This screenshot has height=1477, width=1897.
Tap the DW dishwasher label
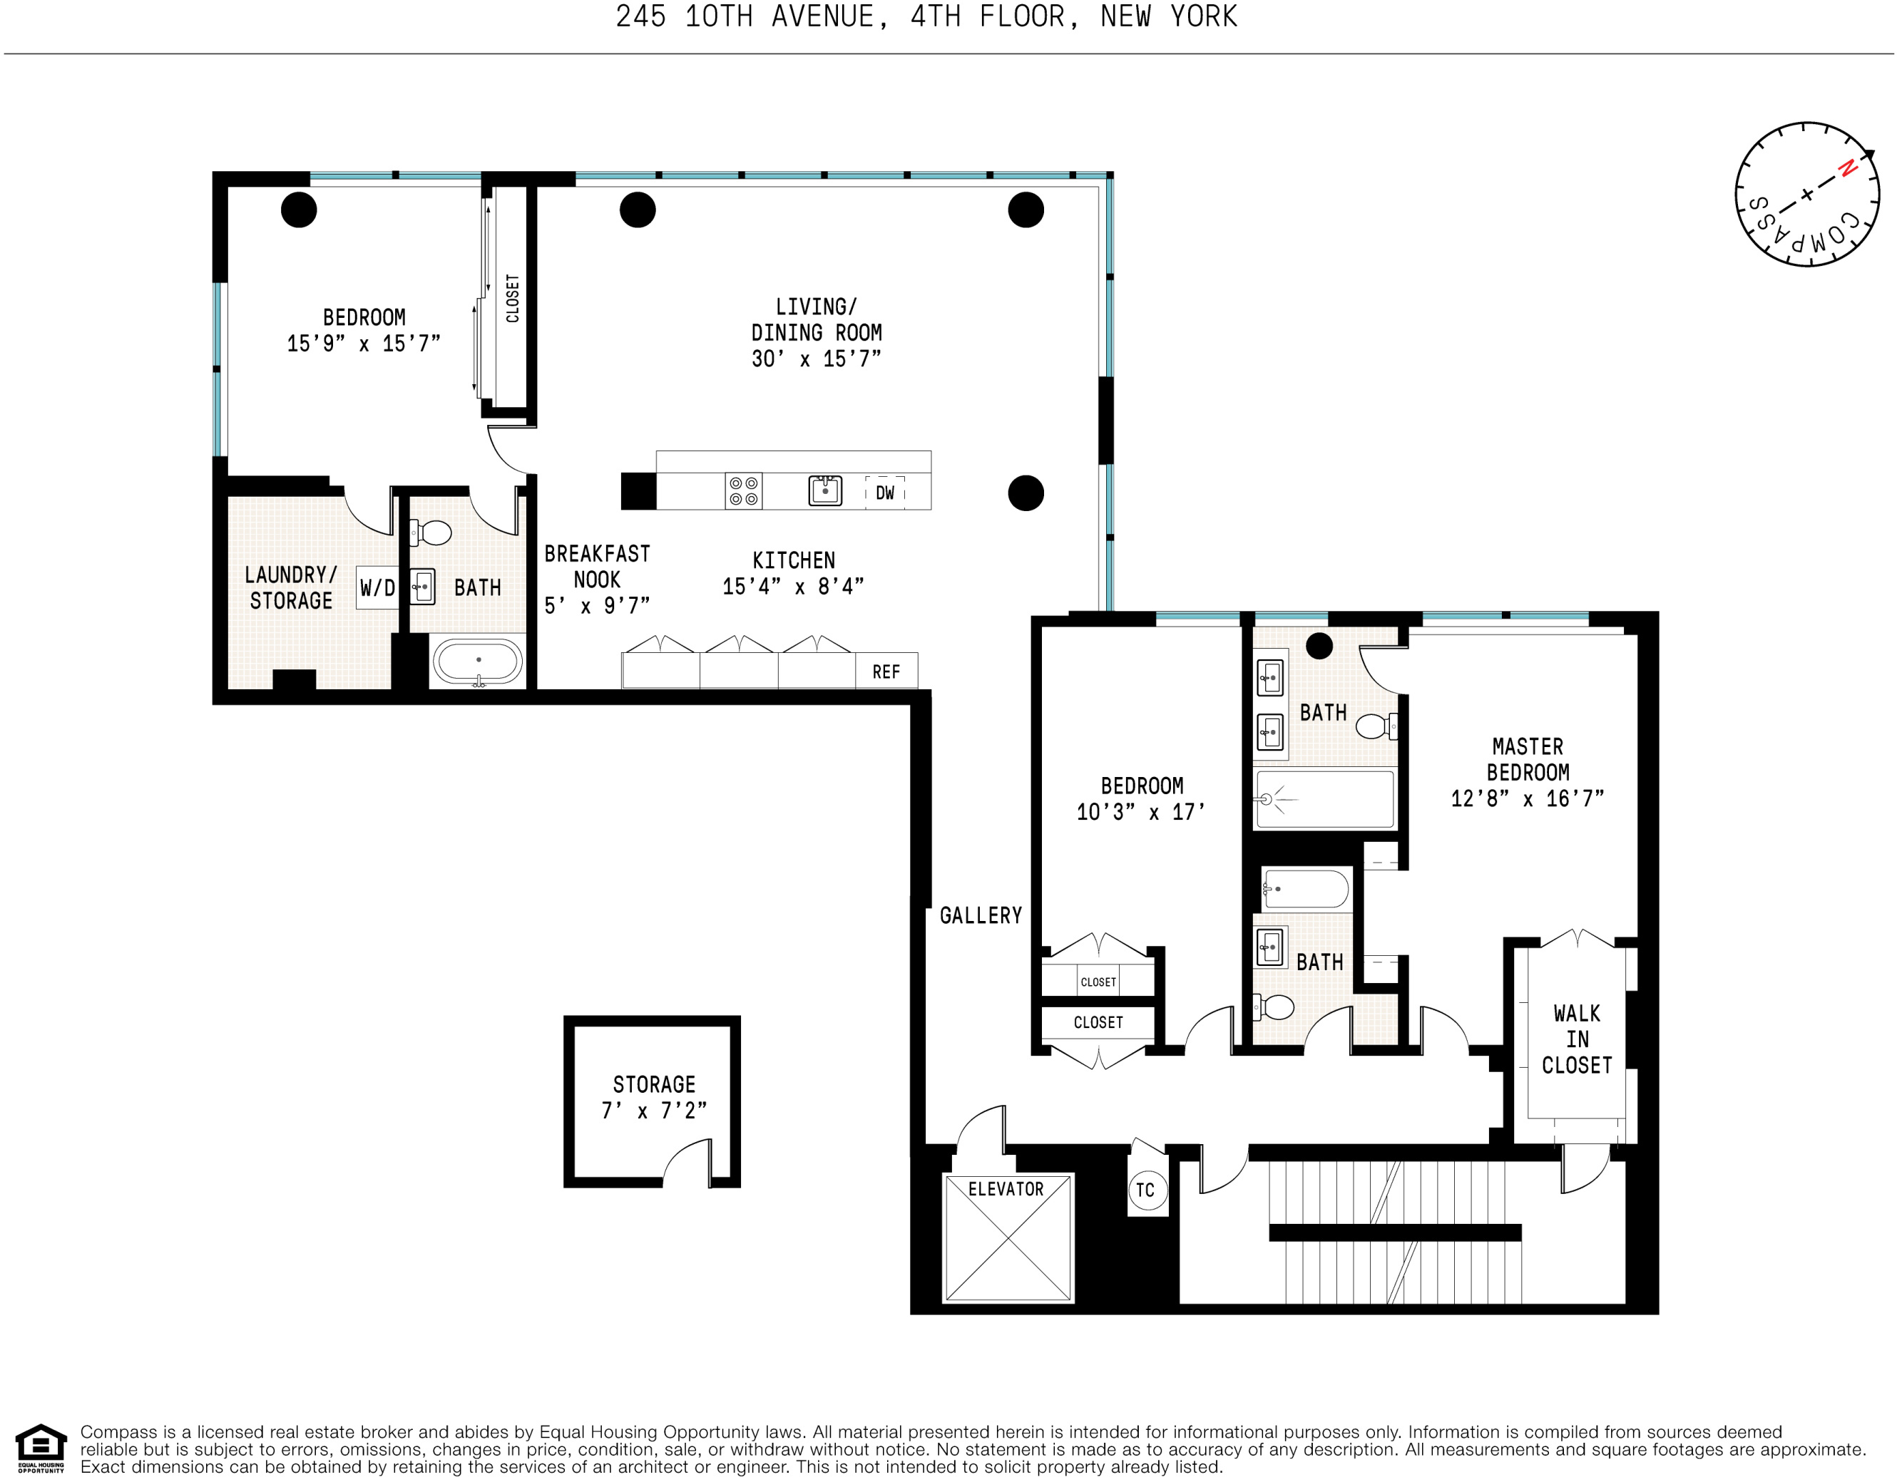[x=884, y=493]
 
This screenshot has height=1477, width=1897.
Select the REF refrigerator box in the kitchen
[x=886, y=671]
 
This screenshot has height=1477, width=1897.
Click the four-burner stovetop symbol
[x=744, y=490]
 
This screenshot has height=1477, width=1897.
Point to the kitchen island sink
[x=824, y=490]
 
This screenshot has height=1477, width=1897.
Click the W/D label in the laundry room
[x=377, y=588]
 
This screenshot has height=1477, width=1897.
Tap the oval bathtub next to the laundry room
[x=478, y=662]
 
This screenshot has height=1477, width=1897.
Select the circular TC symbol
[x=1145, y=1190]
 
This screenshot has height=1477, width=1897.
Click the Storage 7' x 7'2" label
[x=654, y=1096]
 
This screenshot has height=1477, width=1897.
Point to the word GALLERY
[x=981, y=915]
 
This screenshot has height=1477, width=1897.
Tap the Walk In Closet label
[x=1577, y=1039]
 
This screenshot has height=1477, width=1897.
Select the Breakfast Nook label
[x=597, y=567]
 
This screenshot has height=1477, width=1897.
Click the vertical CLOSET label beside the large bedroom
[x=513, y=299]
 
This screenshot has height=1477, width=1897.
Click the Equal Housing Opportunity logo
[x=41, y=1448]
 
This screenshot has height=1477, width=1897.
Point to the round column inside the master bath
[x=1319, y=646]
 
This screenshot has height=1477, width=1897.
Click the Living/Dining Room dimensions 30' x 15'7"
[x=816, y=359]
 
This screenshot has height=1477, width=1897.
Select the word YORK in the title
[x=1203, y=16]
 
